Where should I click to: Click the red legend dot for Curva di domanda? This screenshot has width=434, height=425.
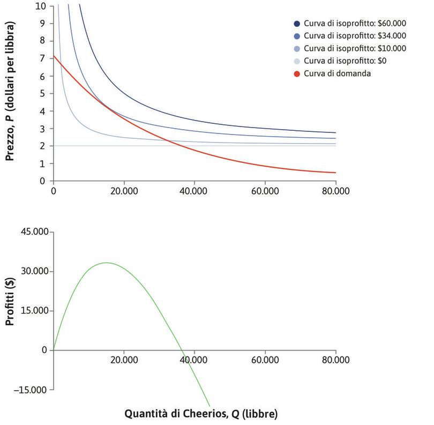click(x=297, y=73)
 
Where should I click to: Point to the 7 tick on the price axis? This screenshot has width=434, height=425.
click(x=42, y=58)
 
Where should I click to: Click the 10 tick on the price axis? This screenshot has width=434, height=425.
click(x=40, y=6)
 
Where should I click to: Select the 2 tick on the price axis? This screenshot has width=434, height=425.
click(x=42, y=146)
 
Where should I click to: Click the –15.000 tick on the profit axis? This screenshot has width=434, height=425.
click(x=32, y=390)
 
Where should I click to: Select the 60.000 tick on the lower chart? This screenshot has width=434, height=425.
click(x=265, y=360)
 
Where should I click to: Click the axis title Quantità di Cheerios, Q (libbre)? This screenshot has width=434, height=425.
click(x=201, y=413)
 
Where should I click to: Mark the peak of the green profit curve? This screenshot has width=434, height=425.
click(x=106, y=263)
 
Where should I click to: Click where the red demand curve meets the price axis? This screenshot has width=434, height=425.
click(x=54, y=55)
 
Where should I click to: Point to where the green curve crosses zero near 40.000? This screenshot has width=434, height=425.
click(x=182, y=351)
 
